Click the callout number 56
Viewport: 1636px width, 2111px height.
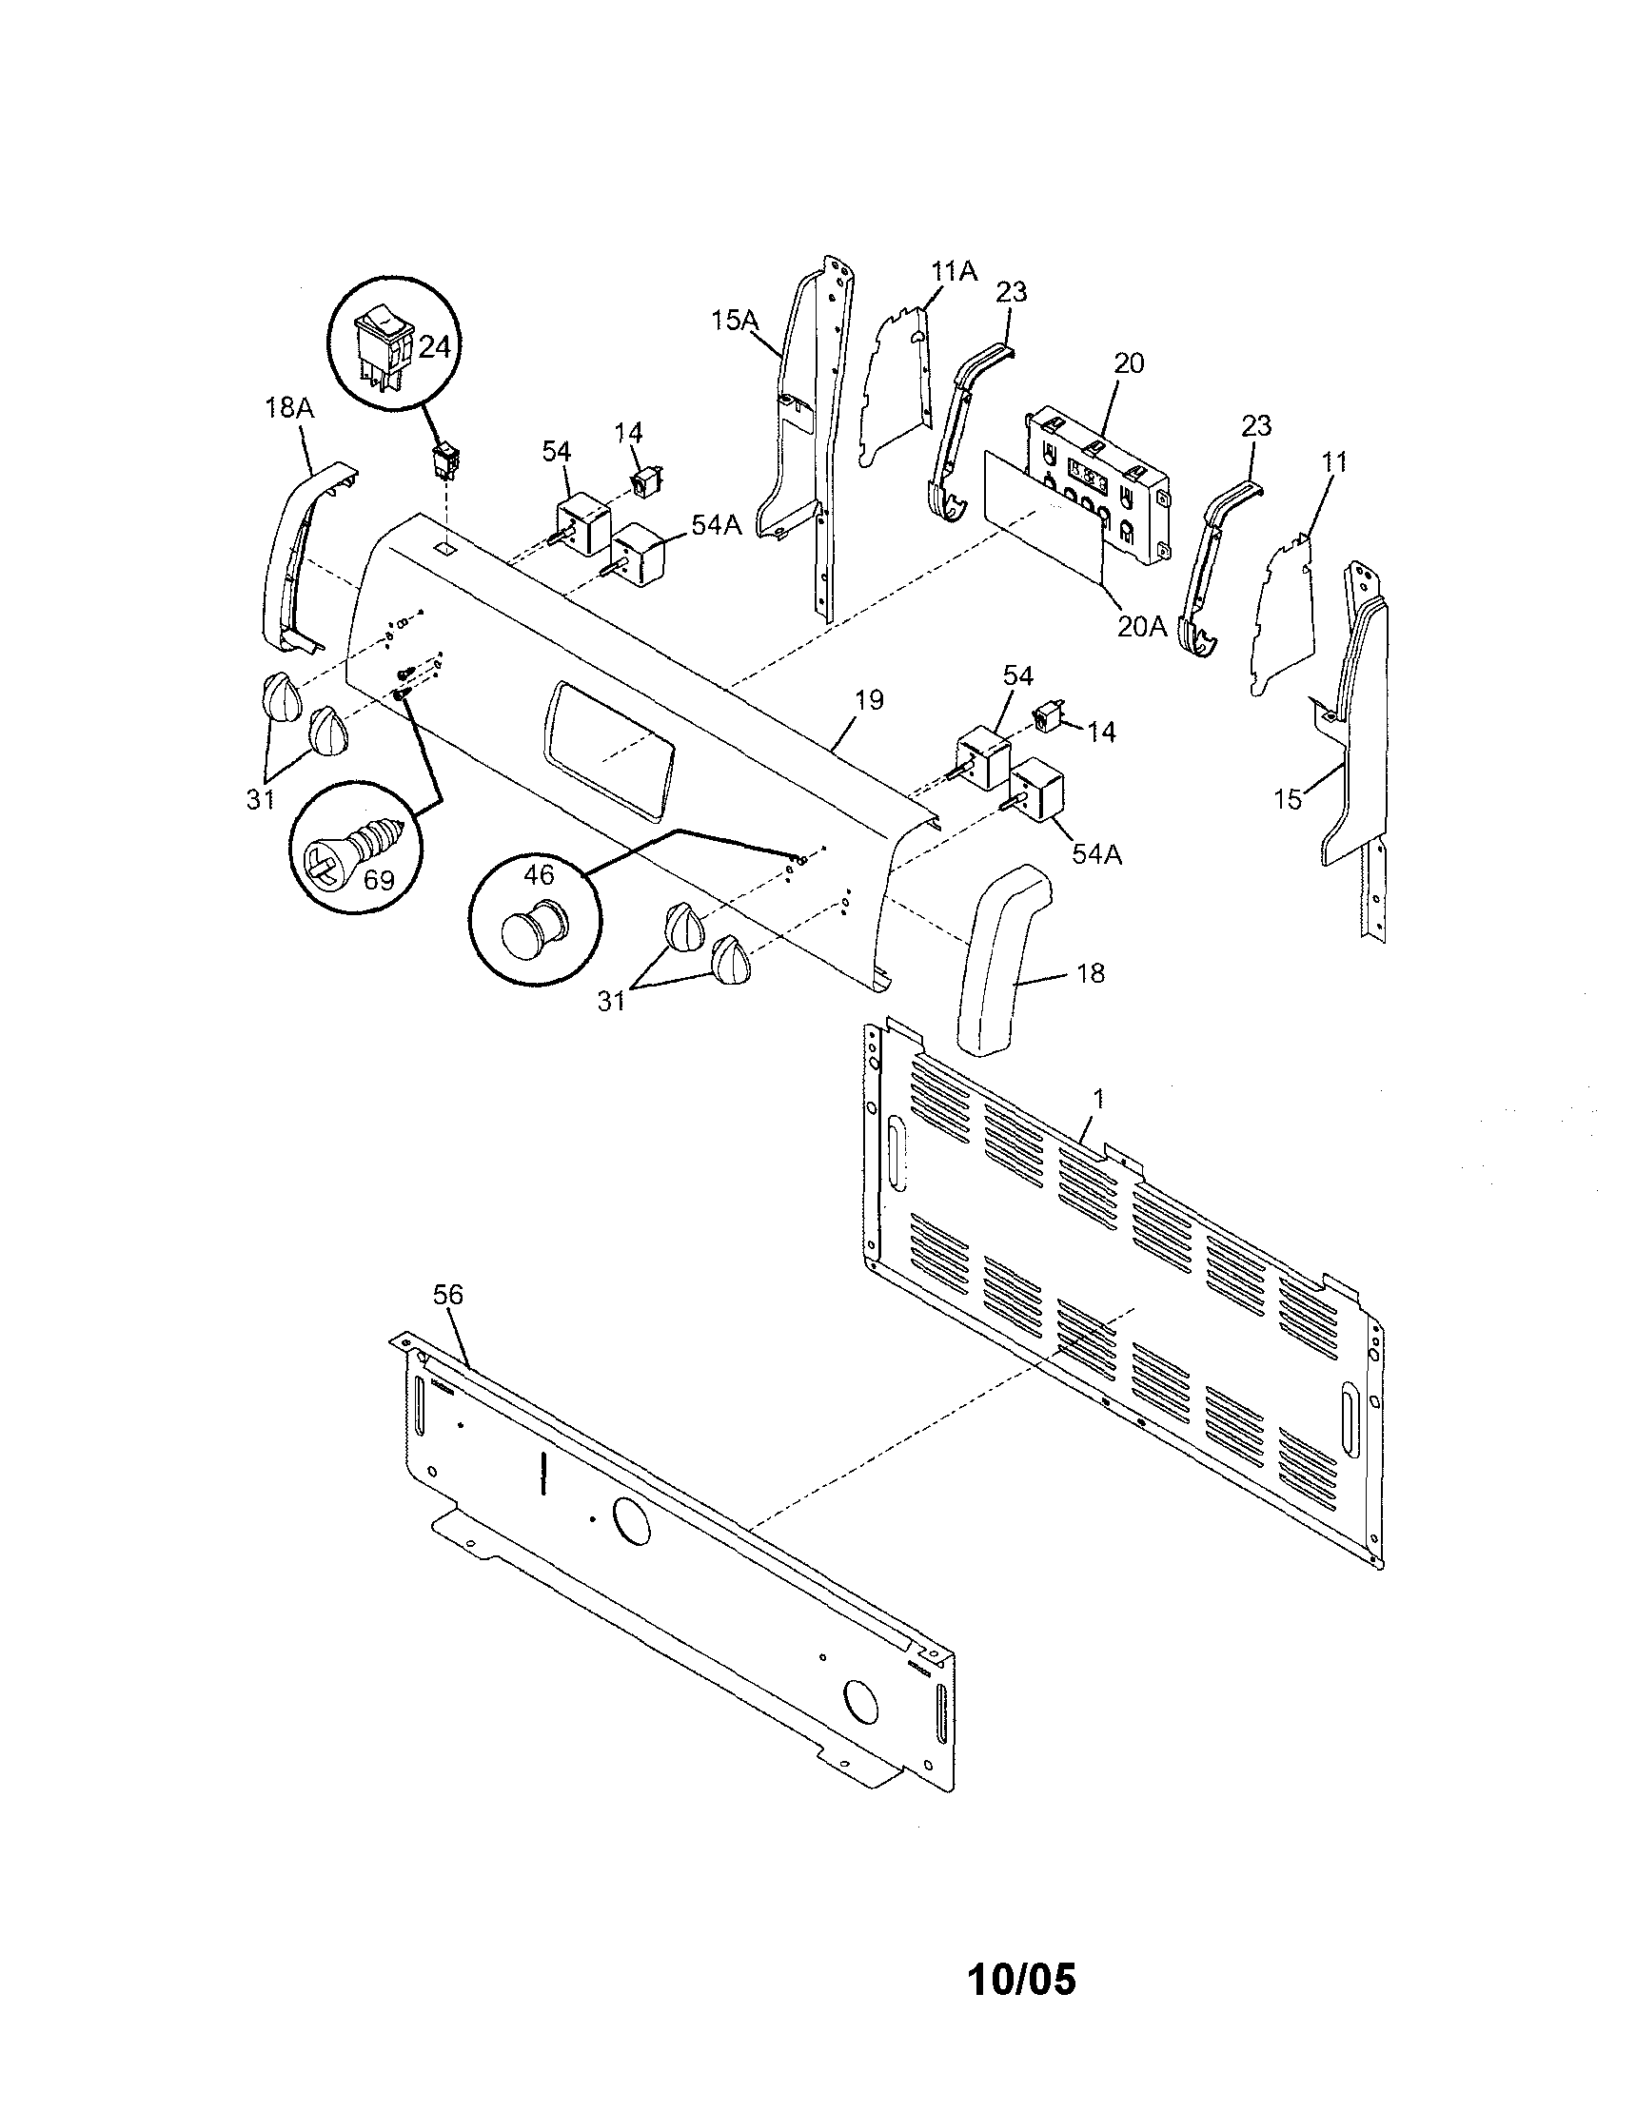(x=447, y=1294)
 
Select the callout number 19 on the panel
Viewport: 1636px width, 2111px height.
(x=869, y=700)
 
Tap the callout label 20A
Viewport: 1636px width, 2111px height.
(x=1142, y=626)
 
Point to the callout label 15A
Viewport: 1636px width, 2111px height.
(x=734, y=320)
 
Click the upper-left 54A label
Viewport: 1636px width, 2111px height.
(x=718, y=525)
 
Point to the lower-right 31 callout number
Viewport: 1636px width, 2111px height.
(x=611, y=1002)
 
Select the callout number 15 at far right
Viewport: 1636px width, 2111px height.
(x=1287, y=798)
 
